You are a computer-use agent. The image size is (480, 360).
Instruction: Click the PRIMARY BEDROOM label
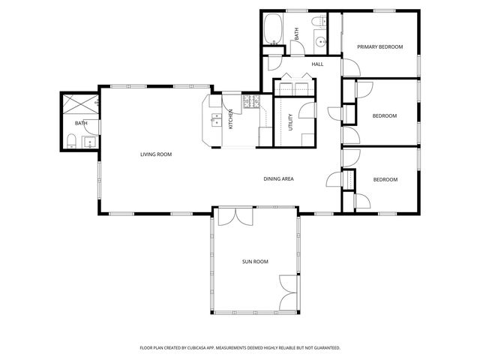coord(379,46)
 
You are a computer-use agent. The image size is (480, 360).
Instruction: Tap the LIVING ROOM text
coord(156,154)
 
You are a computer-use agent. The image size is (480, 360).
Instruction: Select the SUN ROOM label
coord(255,262)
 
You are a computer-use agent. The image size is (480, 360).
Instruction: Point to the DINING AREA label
coord(277,178)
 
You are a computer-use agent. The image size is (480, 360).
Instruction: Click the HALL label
coord(317,64)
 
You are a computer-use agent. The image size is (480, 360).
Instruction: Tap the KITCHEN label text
coord(231,119)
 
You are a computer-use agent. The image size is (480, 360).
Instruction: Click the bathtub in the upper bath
coord(272,30)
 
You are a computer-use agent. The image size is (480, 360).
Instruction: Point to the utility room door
coord(306,112)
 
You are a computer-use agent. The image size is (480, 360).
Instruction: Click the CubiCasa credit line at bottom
coord(240,348)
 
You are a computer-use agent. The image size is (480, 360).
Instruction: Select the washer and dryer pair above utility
coord(294,90)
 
